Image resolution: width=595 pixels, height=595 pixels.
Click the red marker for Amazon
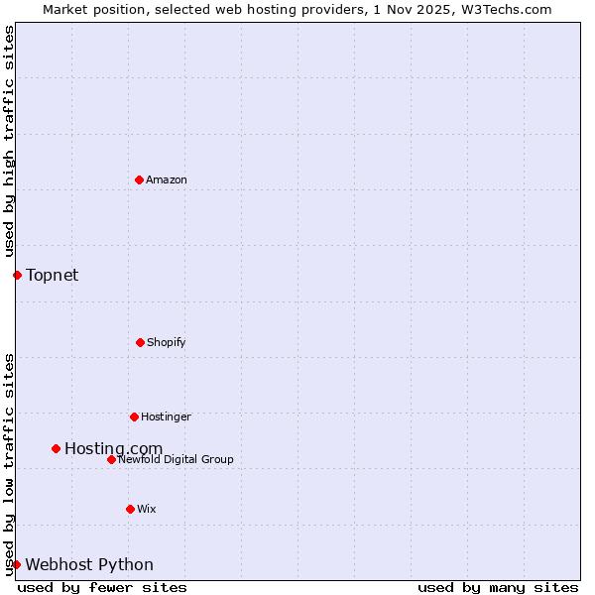click(139, 179)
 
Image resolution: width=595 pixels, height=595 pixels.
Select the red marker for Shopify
click(140, 342)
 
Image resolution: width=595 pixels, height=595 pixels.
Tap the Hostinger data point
click(134, 416)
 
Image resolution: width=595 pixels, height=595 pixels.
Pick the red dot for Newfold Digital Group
click(111, 459)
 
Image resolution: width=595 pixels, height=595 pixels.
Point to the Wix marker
click(130, 509)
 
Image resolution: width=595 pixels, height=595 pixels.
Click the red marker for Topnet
click(17, 275)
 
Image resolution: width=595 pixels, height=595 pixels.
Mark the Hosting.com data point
click(56, 448)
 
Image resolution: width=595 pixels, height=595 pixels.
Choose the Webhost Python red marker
click(16, 564)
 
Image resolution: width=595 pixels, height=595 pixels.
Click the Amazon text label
click(167, 179)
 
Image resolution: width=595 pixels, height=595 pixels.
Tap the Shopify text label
click(167, 342)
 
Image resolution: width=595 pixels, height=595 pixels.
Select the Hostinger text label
click(166, 416)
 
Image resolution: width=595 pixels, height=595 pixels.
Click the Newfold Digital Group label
click(176, 459)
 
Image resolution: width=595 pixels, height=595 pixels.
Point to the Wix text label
click(147, 509)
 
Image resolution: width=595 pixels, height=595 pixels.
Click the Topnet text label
click(52, 275)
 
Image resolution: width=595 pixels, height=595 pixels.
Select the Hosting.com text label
click(113, 449)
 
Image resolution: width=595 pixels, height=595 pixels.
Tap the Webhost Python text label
click(89, 565)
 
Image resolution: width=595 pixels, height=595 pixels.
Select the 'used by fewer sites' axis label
click(102, 587)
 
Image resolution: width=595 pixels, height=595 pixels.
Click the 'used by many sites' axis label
click(498, 587)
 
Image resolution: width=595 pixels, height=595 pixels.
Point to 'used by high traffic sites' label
click(9, 141)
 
